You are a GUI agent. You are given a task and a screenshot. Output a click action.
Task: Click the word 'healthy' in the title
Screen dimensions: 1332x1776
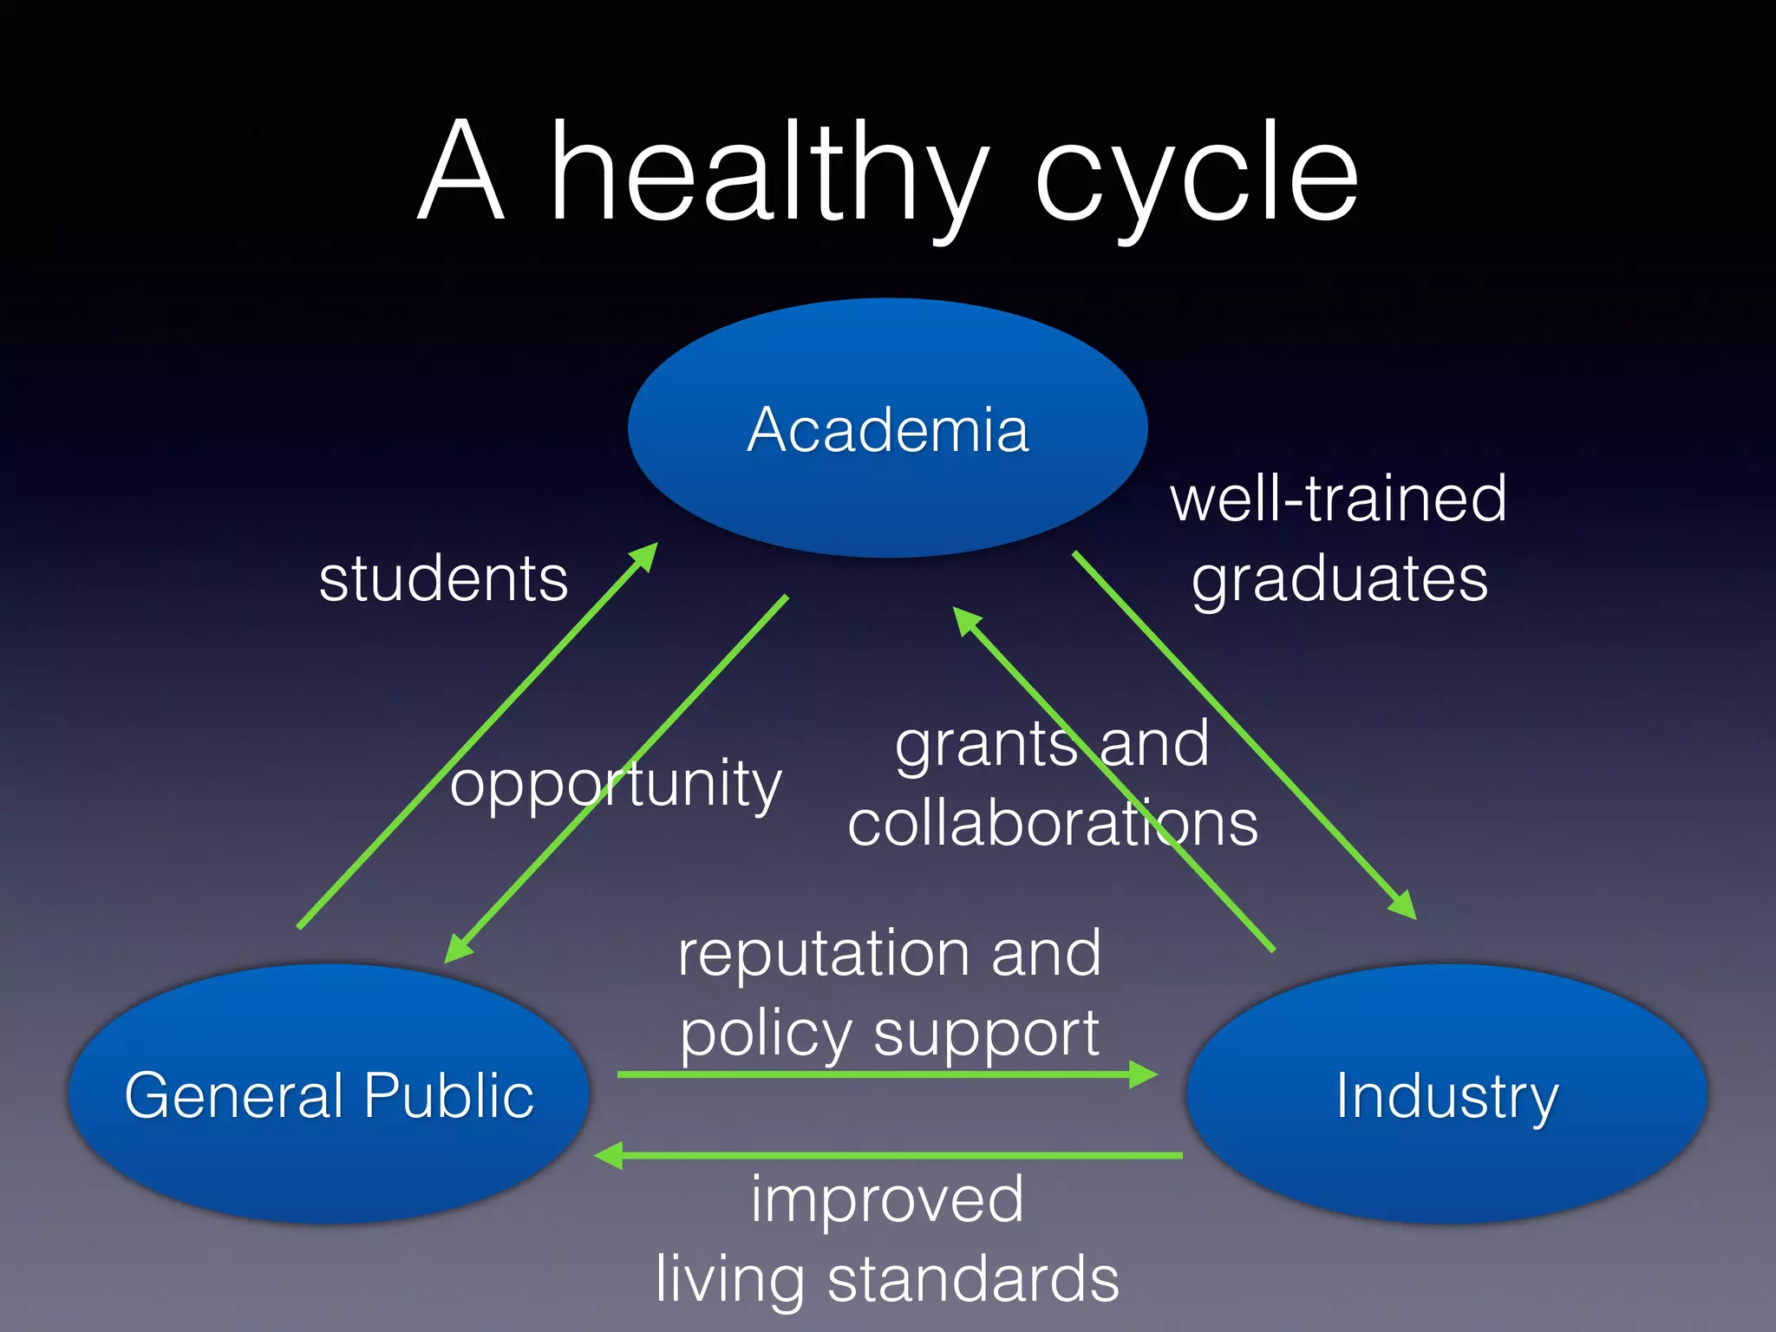(769, 173)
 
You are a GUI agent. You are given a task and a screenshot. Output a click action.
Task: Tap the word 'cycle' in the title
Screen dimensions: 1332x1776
(1196, 173)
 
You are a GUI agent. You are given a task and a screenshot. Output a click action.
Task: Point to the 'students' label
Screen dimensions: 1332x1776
(443, 578)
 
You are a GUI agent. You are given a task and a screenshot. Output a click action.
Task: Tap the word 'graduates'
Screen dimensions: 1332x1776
(1340, 578)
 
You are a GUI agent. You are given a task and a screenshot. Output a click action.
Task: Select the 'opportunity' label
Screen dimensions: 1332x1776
(616, 784)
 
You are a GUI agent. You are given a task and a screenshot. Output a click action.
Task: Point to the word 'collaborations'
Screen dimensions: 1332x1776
(1053, 823)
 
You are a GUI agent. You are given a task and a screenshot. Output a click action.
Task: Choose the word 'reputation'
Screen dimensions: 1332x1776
(823, 953)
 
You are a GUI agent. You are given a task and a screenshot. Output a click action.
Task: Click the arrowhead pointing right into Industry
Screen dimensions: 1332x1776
(1143, 1074)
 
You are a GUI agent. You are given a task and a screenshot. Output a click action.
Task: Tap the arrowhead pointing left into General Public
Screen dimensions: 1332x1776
(610, 1155)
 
